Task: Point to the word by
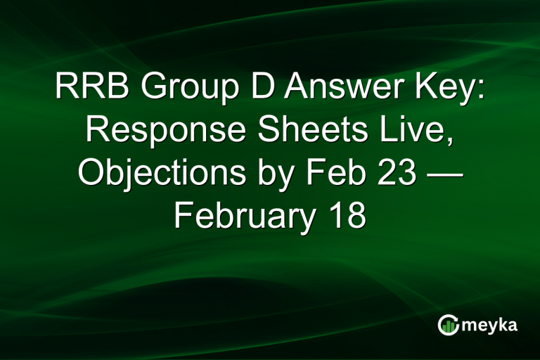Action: click(x=264, y=174)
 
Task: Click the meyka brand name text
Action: click(x=492, y=326)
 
